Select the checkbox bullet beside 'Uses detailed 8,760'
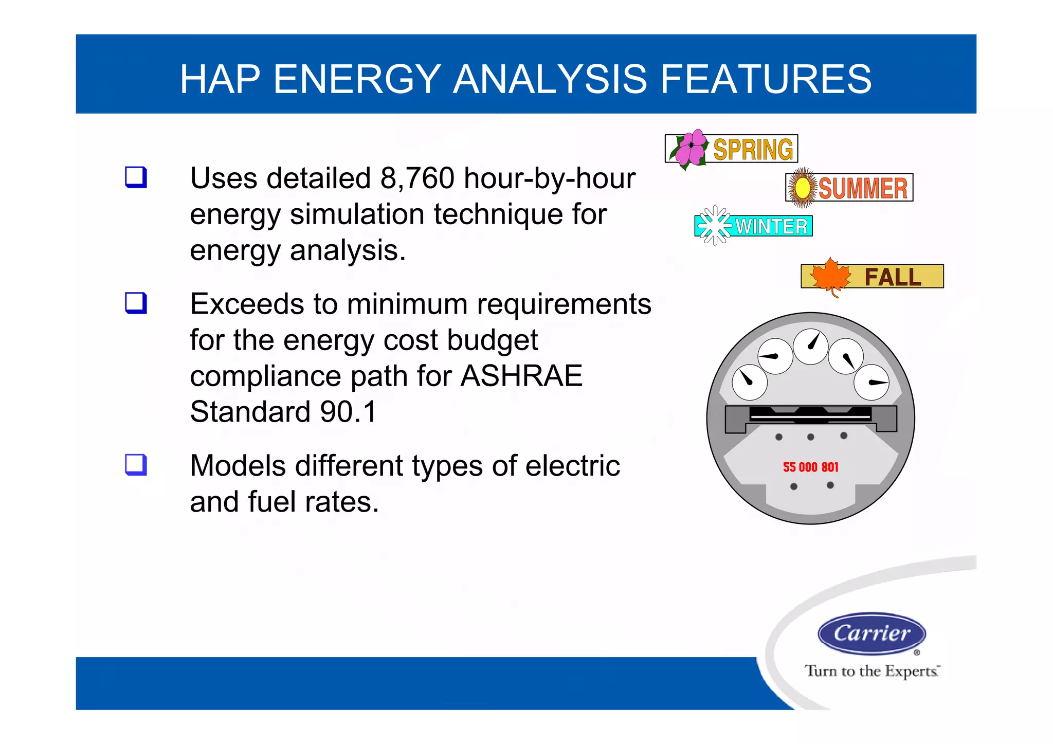[x=136, y=177]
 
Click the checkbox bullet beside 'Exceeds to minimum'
[x=136, y=303]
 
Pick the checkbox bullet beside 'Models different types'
[x=136, y=465]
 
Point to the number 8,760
[x=417, y=178]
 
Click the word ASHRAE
[x=521, y=376]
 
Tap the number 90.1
[x=349, y=412]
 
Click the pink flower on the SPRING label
[x=690, y=148]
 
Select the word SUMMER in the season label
[x=863, y=188]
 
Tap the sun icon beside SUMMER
[x=802, y=188]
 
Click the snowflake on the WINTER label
[x=715, y=225]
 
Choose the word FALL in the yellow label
[x=893, y=277]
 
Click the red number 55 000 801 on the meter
[x=810, y=467]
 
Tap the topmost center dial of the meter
[x=810, y=347]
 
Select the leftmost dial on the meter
[x=749, y=382]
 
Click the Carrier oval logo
[x=872, y=633]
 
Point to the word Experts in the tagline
[x=912, y=672]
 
